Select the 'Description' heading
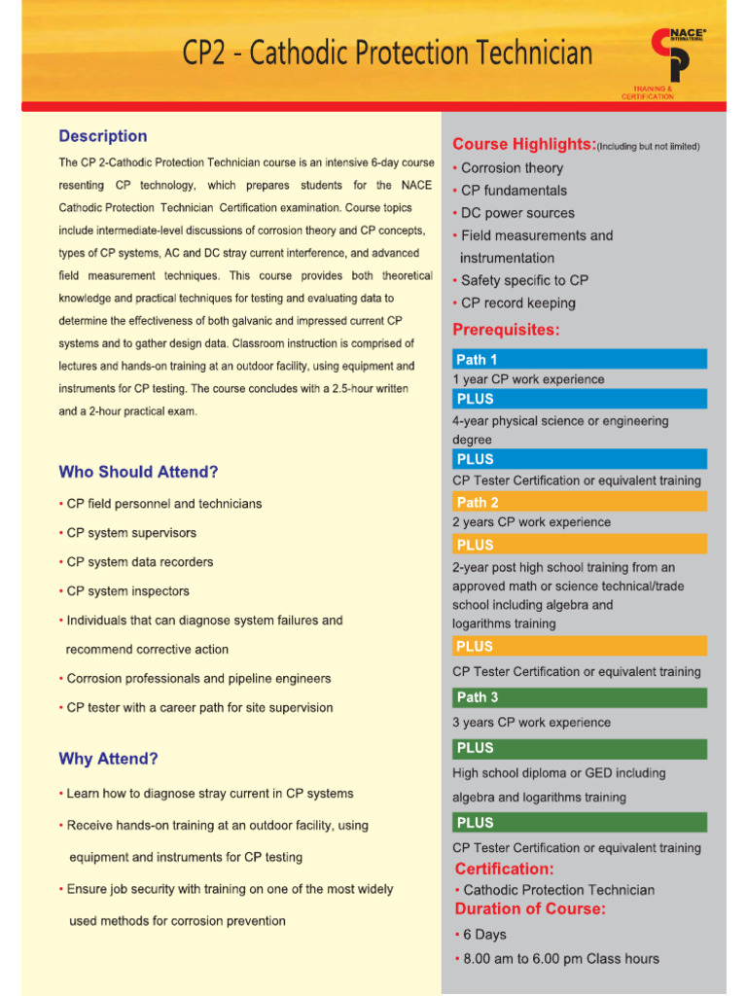[103, 136]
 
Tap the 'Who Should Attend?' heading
[138, 472]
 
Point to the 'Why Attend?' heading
[108, 759]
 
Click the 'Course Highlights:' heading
[524, 144]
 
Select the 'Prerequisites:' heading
[506, 330]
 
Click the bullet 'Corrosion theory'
[511, 168]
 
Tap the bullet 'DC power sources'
[516, 213]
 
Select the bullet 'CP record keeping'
[517, 302]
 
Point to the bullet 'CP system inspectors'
[127, 591]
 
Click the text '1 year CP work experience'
[528, 379]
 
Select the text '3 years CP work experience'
[531, 723]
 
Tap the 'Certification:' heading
[504, 869]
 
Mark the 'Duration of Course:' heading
[530, 909]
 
